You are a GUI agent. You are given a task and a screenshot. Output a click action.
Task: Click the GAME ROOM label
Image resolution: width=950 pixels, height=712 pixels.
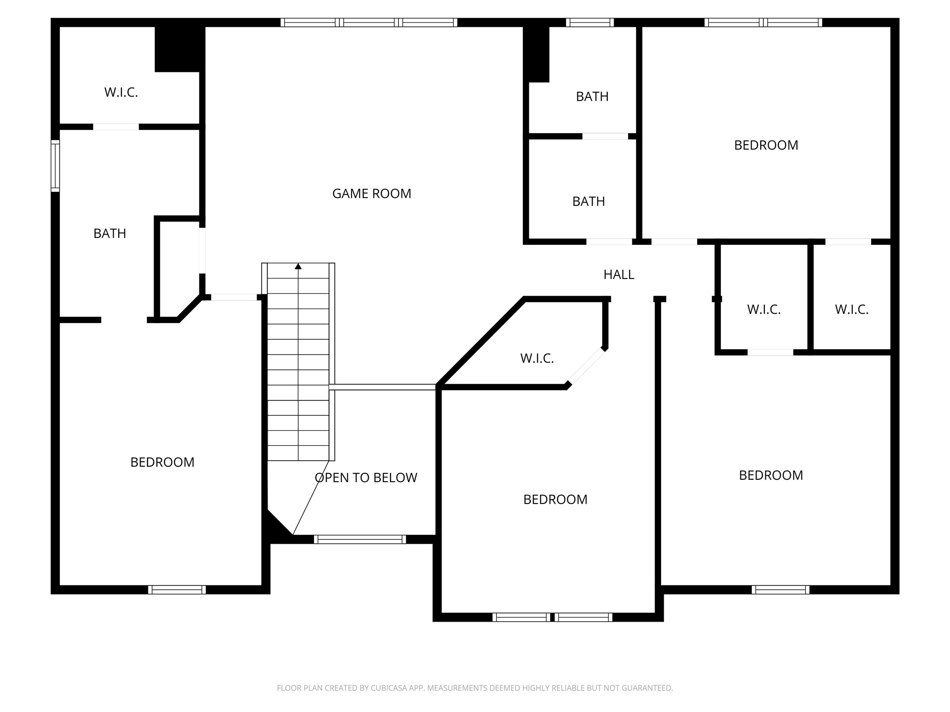pos(372,194)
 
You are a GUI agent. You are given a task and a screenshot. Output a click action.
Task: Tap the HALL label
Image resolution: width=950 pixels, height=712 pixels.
pos(618,275)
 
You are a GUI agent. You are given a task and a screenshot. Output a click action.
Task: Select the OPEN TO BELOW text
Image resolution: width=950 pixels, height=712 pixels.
pos(366,478)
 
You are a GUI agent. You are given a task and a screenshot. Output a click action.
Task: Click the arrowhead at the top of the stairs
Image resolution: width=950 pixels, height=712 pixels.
pos(298,266)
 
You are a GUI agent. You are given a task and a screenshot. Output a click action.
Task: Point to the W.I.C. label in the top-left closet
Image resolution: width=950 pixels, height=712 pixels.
pos(121,93)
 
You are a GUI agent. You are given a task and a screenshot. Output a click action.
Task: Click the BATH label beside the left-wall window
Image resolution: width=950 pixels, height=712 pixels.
pos(109,234)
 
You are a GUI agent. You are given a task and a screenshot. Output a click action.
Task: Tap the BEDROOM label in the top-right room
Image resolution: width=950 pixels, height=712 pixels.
pos(766,146)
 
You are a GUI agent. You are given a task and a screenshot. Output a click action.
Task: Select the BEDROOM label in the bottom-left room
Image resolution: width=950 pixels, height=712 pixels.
pos(162,462)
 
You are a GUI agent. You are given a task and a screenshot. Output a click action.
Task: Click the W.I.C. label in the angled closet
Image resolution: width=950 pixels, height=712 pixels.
pos(537,358)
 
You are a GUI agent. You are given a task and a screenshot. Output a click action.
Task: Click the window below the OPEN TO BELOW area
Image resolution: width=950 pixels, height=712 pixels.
pos(359,539)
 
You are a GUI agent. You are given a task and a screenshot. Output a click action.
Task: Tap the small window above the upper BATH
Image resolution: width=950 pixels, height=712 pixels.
pos(590,22)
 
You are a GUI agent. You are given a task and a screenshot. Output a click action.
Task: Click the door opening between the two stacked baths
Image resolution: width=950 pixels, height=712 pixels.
pos(605,136)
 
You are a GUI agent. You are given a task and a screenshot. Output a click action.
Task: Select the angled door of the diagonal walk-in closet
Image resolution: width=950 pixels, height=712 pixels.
pos(586,366)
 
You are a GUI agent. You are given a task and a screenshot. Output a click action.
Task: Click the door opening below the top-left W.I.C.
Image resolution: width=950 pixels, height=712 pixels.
pos(116,127)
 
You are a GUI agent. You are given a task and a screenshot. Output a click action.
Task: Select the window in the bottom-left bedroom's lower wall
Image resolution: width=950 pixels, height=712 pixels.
pos(177,590)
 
